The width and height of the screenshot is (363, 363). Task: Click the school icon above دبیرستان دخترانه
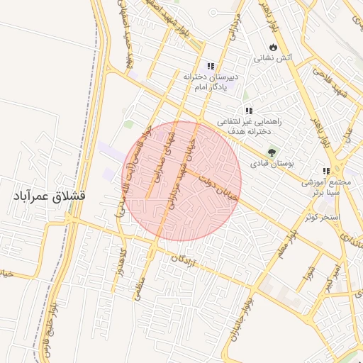(x=210, y=65)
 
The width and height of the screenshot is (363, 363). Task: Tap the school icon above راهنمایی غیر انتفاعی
(x=248, y=111)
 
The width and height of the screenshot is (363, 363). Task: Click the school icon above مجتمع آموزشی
(x=326, y=171)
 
